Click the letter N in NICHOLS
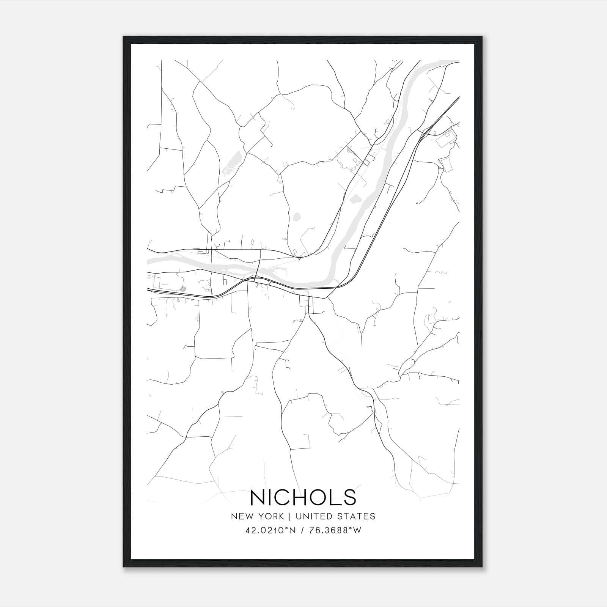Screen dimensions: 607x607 click(259, 497)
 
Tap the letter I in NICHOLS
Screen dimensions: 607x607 click(274, 497)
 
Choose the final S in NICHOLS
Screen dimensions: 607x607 click(350, 497)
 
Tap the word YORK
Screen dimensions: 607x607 click(270, 516)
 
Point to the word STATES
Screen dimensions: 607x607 click(357, 516)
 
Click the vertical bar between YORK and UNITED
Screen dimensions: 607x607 click(289, 516)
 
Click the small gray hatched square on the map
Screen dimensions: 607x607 click(183, 289)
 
